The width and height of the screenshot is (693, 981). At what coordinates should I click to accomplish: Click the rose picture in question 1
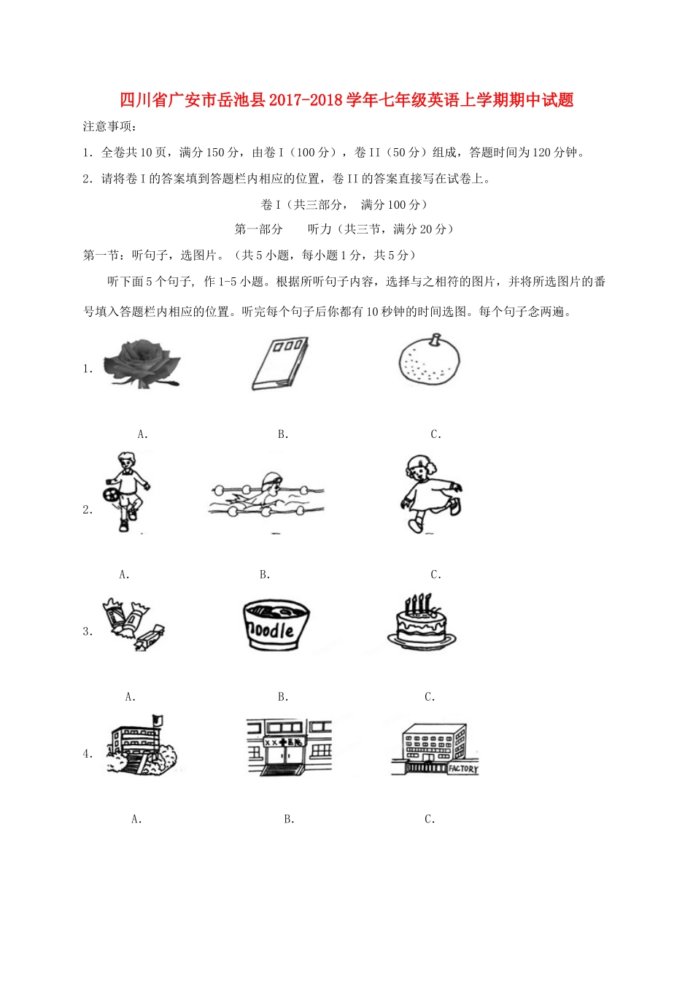point(142,363)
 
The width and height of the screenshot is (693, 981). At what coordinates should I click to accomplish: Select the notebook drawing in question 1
point(280,363)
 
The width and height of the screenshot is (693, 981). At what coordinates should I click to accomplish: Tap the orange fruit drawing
point(430,360)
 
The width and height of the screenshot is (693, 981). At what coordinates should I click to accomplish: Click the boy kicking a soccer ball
point(127,491)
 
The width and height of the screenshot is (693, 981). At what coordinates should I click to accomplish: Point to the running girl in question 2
point(428,494)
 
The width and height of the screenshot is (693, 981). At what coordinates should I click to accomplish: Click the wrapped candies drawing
point(133,624)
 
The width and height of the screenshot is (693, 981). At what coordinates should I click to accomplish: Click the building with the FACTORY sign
point(435,749)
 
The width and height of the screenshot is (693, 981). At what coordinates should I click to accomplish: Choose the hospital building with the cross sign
point(289,747)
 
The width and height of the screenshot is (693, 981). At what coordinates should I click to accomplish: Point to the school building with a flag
point(142,746)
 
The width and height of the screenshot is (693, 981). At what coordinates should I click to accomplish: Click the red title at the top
point(346,100)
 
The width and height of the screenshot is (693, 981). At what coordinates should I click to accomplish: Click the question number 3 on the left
point(87,632)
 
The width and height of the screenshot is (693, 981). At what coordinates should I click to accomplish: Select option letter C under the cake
point(429,698)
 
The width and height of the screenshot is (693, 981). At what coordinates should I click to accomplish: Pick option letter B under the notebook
point(282,435)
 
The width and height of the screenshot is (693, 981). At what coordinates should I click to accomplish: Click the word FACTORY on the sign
point(462,769)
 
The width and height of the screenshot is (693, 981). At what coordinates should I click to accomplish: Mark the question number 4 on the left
point(87,754)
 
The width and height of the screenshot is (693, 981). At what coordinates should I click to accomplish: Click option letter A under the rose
point(142,435)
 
